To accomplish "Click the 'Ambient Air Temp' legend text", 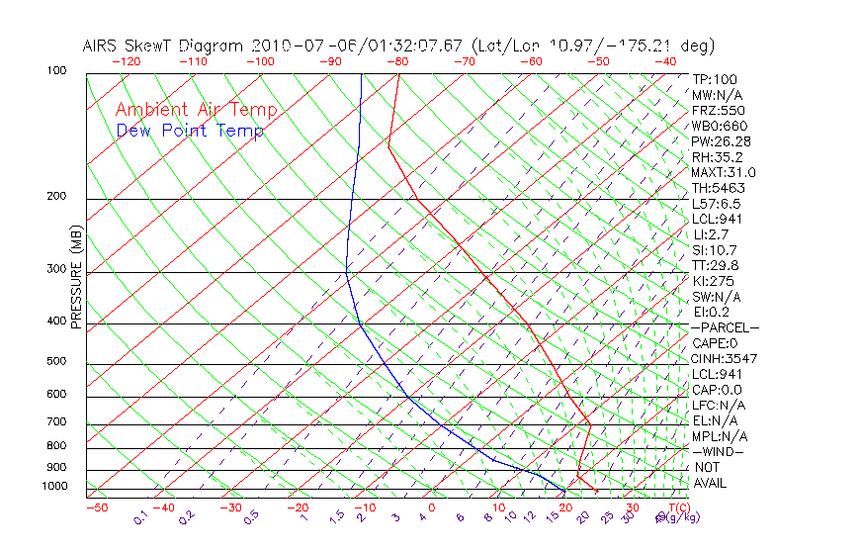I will (196, 111).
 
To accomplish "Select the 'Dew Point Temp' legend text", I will (189, 132).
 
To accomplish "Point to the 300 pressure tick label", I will (57, 269).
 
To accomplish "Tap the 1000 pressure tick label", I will (54, 487).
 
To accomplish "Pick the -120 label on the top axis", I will (126, 60).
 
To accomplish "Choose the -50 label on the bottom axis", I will (96, 508).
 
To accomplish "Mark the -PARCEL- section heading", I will (725, 327).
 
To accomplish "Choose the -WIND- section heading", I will (719, 451).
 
